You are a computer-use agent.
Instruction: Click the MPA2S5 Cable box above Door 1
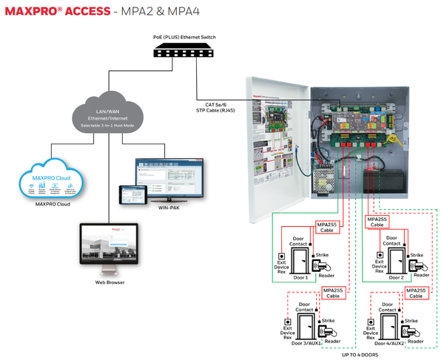tap(327, 226)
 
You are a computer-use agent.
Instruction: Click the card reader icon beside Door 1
tap(322, 267)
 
